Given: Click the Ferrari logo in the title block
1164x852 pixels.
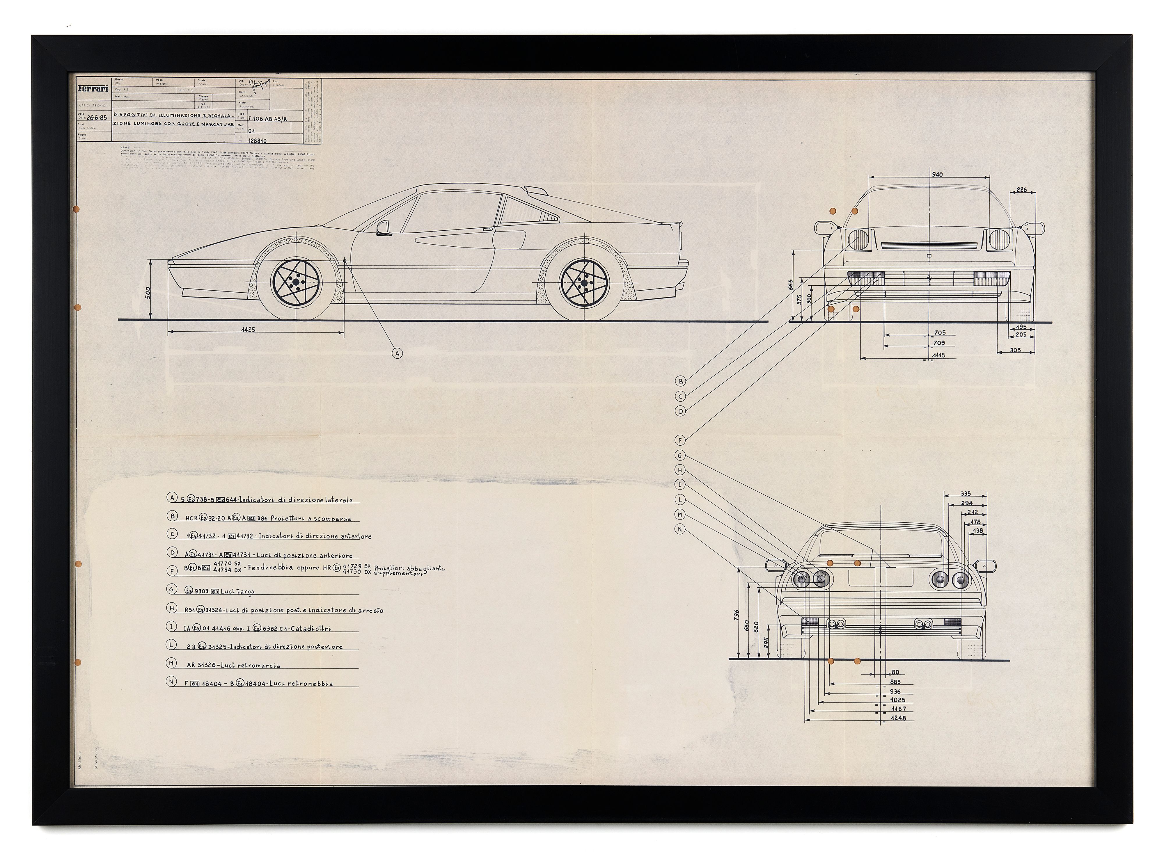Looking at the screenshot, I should [x=93, y=88].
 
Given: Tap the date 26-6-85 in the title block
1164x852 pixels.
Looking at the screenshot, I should [x=97, y=118].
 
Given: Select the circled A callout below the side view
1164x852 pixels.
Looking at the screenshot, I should [x=397, y=353].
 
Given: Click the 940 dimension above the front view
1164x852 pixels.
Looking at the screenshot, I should [x=937, y=174].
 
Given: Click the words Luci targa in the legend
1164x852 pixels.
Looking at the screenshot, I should [x=238, y=592].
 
